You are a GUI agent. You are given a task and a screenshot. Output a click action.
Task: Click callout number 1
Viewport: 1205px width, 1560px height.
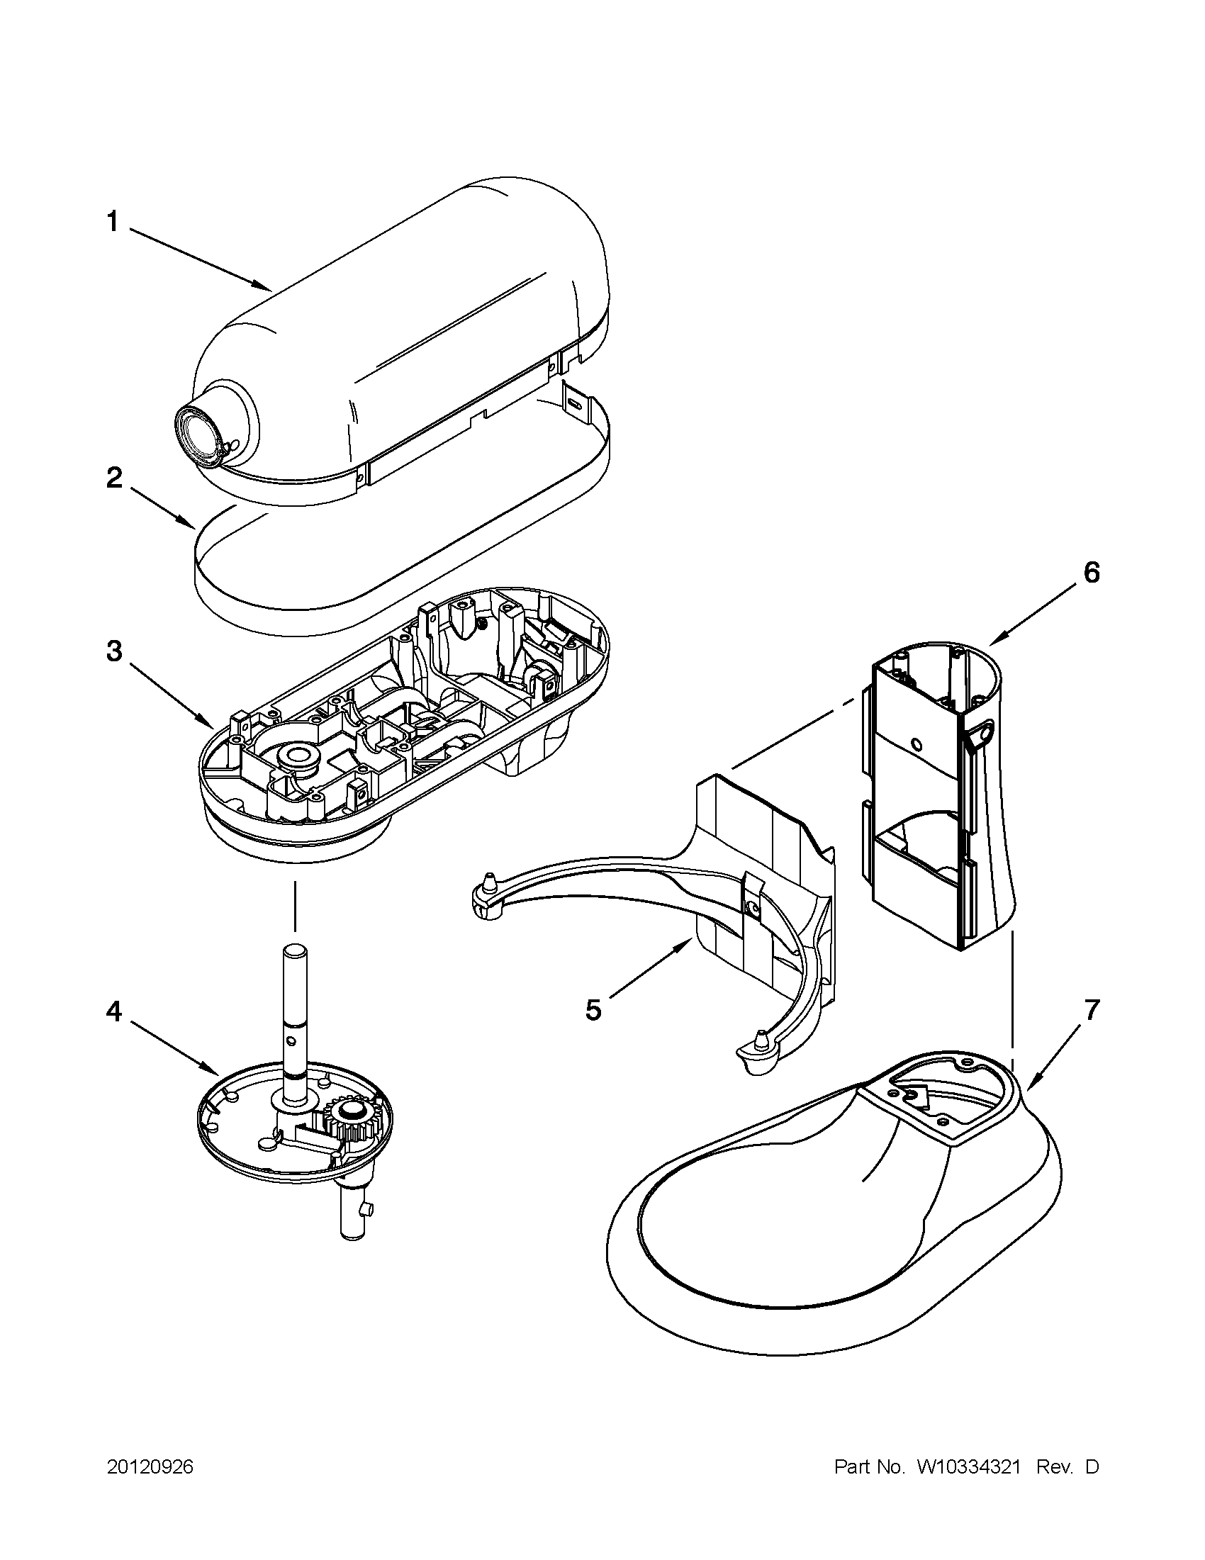[x=112, y=222]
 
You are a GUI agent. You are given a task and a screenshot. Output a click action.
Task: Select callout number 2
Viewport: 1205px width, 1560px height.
[x=113, y=478]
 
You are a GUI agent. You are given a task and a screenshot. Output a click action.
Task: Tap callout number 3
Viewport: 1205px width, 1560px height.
[x=114, y=651]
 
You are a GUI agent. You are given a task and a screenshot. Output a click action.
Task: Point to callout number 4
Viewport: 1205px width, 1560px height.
[x=114, y=1011]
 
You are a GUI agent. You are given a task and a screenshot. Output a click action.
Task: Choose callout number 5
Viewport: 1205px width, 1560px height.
[x=593, y=1011]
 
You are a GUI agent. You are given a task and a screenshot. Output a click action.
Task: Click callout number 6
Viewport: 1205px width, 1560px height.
[x=1092, y=573]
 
